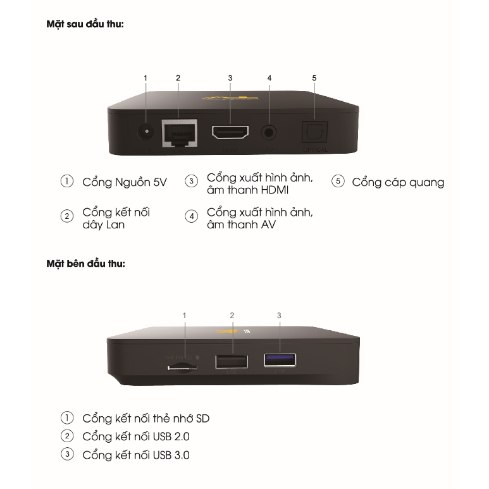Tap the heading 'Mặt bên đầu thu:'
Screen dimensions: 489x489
(86, 264)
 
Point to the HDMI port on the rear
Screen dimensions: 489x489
(230, 133)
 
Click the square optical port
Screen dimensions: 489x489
(314, 132)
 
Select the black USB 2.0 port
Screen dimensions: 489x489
(233, 362)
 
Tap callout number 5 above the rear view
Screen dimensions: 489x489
(314, 78)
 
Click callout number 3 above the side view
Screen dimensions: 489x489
(279, 314)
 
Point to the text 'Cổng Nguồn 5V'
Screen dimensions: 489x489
(124, 182)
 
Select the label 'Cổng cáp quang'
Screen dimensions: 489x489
(398, 182)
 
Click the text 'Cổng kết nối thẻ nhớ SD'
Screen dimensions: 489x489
(145, 418)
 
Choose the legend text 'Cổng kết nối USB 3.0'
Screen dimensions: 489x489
(136, 455)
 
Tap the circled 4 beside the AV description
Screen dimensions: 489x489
(192, 217)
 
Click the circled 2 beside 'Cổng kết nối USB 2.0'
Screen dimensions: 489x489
(66, 436)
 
